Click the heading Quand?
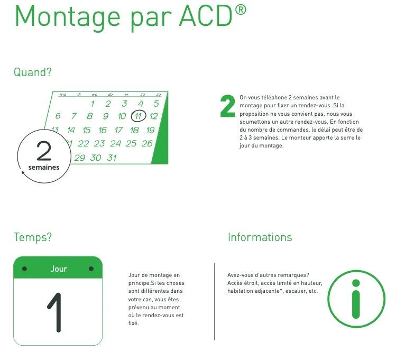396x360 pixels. point(33,72)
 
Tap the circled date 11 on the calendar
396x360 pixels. point(139,116)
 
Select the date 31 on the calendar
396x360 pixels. point(112,158)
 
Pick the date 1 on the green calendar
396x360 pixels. point(93,104)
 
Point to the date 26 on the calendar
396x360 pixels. point(147,143)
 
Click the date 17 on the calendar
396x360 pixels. point(118,130)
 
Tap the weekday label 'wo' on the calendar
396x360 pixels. point(95,95)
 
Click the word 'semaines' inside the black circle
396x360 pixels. point(44,168)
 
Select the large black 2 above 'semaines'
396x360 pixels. point(44,151)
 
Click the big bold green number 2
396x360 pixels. point(227,106)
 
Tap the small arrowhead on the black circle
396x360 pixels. point(23,172)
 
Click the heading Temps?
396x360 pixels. point(33,237)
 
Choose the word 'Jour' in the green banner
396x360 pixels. point(59,269)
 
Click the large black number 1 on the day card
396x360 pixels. point(56,312)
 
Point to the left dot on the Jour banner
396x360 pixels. point(24,269)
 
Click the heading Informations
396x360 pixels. point(260,237)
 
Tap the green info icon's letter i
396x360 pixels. point(356,299)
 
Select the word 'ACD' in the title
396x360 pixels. point(206,16)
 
